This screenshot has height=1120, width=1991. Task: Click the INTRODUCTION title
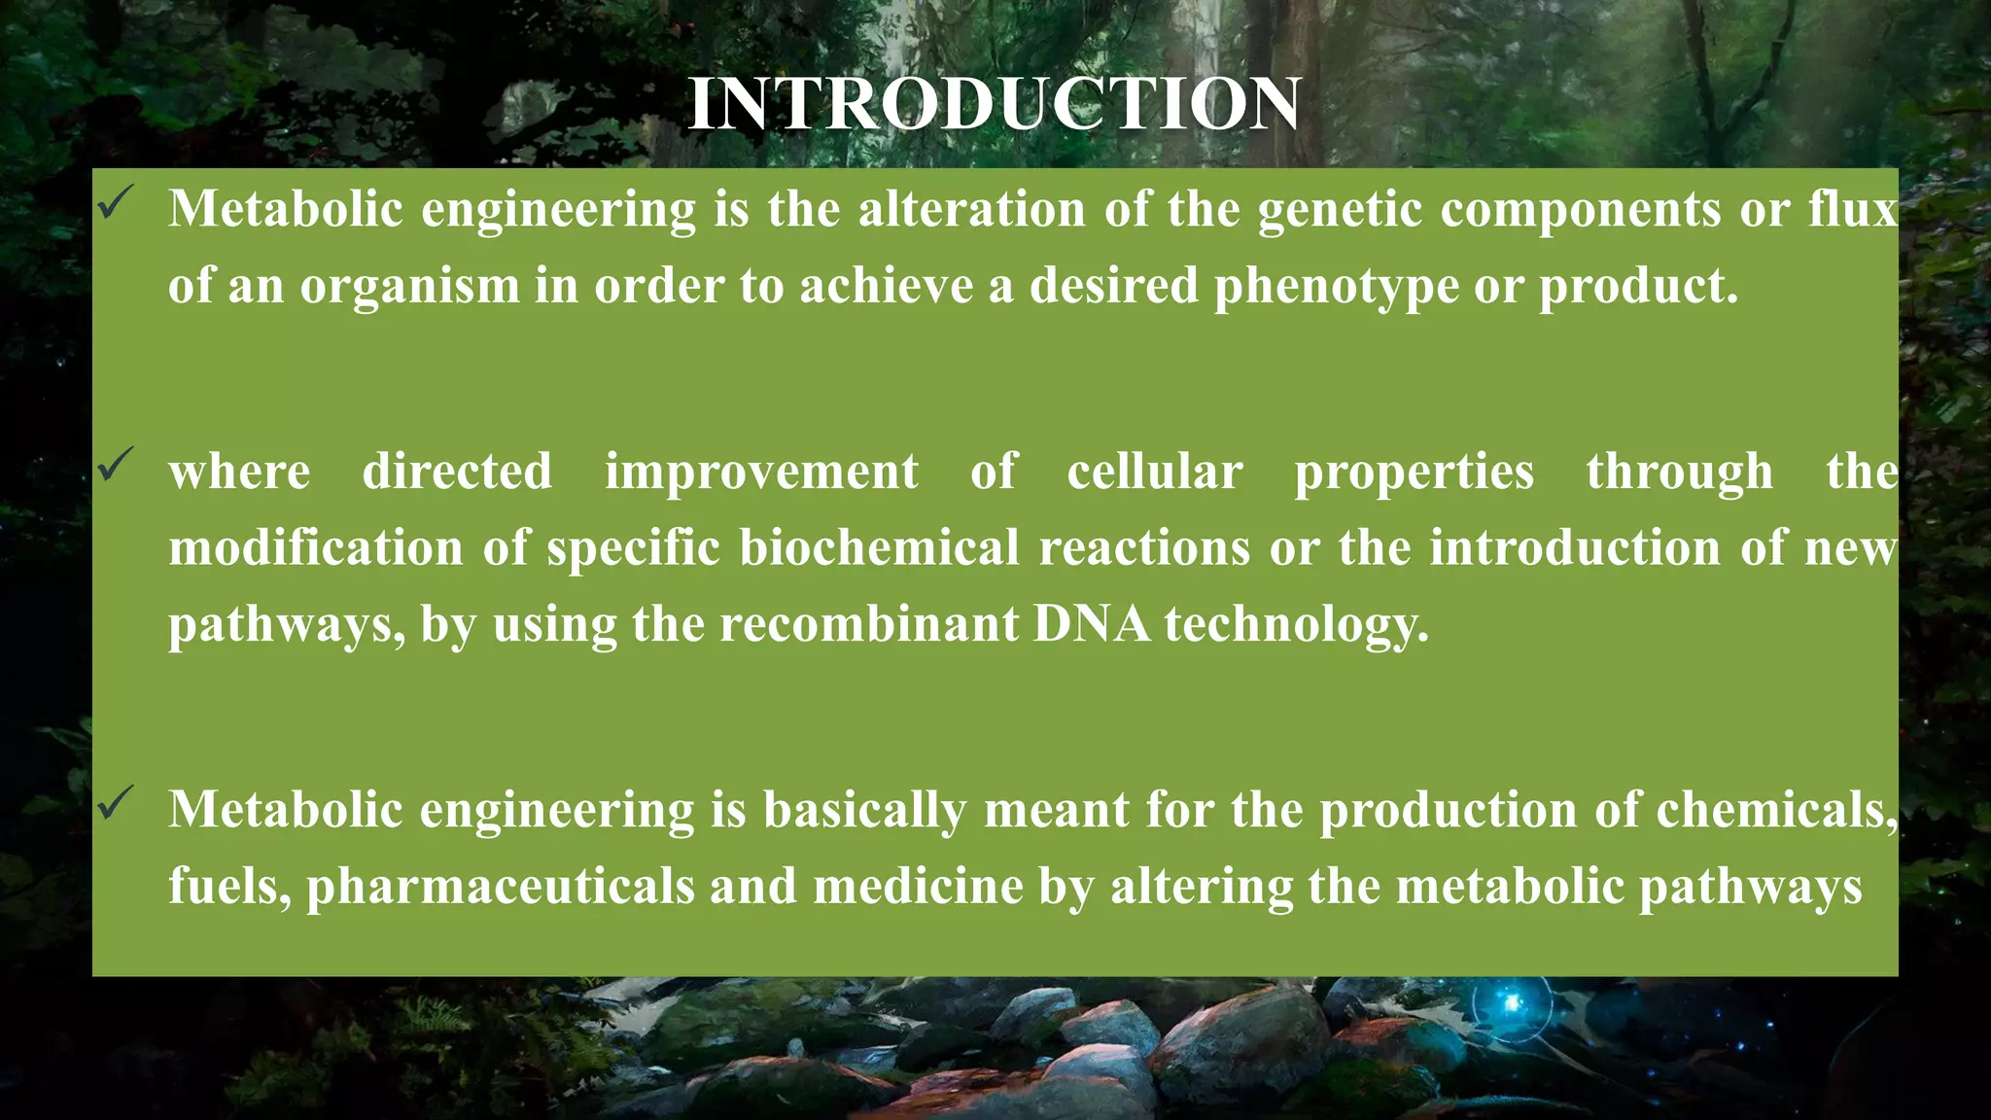click(994, 104)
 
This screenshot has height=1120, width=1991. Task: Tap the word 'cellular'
click(1154, 472)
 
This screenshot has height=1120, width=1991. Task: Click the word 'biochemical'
click(879, 547)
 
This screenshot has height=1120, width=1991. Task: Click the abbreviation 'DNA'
click(1091, 623)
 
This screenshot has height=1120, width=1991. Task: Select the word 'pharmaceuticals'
click(501, 887)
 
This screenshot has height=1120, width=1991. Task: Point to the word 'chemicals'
click(1775, 810)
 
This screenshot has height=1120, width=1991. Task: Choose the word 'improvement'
click(761, 472)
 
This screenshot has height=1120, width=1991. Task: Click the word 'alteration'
click(971, 209)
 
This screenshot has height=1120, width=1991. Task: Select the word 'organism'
click(409, 287)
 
